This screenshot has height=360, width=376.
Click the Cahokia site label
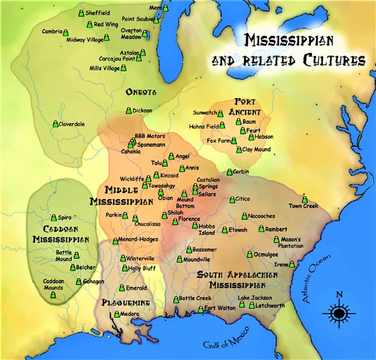click(131, 151)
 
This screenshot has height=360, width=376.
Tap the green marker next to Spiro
click(54, 217)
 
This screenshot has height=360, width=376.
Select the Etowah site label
click(238, 230)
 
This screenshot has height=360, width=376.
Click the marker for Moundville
click(180, 259)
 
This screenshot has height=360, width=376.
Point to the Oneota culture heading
click(141, 92)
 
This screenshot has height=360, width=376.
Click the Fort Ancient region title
click(245, 107)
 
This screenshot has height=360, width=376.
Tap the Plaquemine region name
click(126, 303)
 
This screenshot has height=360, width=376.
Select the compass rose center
click(339, 313)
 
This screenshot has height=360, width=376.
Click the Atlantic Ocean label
click(316, 279)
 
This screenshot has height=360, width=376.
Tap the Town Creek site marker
click(305, 199)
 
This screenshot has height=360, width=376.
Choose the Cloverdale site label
click(71, 124)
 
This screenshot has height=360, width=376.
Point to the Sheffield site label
click(97, 13)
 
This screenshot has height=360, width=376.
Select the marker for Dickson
click(129, 110)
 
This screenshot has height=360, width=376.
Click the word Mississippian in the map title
click(289, 40)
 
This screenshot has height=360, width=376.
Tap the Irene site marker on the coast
click(292, 264)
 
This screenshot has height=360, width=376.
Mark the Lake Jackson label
click(255, 298)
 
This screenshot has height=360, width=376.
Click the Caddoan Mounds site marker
click(53, 295)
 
